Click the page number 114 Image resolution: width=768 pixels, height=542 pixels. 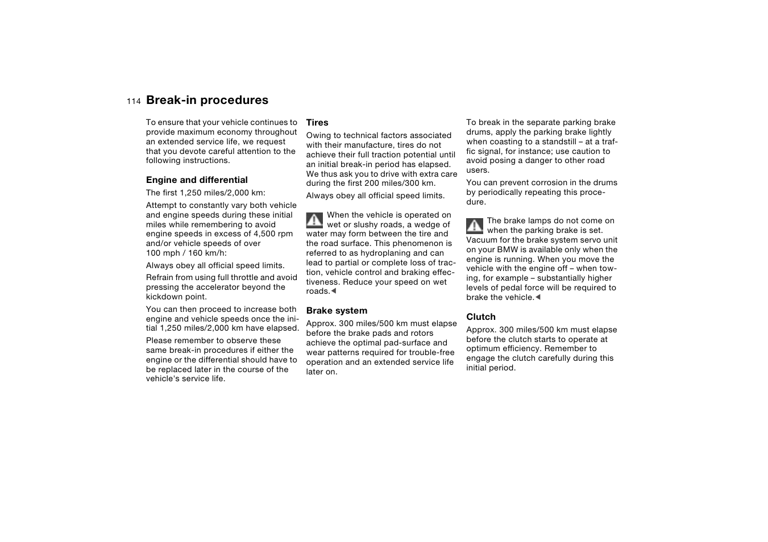[134, 101]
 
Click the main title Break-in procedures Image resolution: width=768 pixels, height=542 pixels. [207, 100]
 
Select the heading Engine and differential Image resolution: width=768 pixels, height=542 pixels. [197, 180]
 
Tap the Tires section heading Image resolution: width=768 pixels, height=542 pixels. [317, 123]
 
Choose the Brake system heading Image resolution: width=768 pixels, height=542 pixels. [337, 311]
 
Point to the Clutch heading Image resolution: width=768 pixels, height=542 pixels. [481, 317]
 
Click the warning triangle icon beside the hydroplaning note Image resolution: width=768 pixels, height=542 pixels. [314, 220]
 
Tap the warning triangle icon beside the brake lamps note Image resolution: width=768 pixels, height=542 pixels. [475, 226]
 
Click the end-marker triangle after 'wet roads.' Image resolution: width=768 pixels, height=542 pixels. [334, 291]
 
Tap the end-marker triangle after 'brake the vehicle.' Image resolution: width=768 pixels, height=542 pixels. [538, 298]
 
